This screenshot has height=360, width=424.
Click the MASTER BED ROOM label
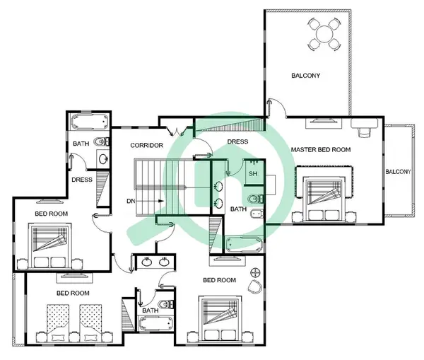[x=321, y=149]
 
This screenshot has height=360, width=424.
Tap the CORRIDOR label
[x=146, y=146]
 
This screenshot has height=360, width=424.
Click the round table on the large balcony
[x=324, y=34]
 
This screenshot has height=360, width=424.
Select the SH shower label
[x=253, y=173]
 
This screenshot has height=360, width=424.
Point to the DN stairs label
[x=131, y=201]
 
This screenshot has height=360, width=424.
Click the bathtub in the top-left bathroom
[x=89, y=122]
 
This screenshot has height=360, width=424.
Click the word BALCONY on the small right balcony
[x=398, y=172]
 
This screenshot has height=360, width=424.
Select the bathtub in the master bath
[x=244, y=245]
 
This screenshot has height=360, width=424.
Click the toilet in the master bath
[x=255, y=199]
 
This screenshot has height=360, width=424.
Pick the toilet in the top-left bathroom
[x=101, y=141]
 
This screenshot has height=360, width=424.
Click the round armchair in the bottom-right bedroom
[x=254, y=286]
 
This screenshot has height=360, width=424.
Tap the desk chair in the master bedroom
[x=365, y=132]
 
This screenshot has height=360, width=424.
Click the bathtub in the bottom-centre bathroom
[x=155, y=324]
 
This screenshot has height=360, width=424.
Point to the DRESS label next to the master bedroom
[x=237, y=141]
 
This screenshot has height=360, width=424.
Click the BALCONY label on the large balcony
[x=305, y=76]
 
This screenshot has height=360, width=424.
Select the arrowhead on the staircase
[x=161, y=201]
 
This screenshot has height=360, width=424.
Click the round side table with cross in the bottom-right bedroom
[x=255, y=273]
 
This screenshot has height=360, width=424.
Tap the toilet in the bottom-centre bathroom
[x=165, y=305]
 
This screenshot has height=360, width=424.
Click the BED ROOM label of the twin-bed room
[x=73, y=293]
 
